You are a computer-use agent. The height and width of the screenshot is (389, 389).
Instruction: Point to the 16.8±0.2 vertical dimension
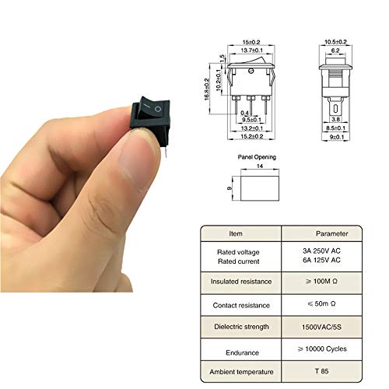coord(206,90)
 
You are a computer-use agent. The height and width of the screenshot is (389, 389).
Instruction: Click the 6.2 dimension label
coord(337,51)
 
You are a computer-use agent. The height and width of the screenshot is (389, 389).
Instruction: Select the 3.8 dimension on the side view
coord(337,121)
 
